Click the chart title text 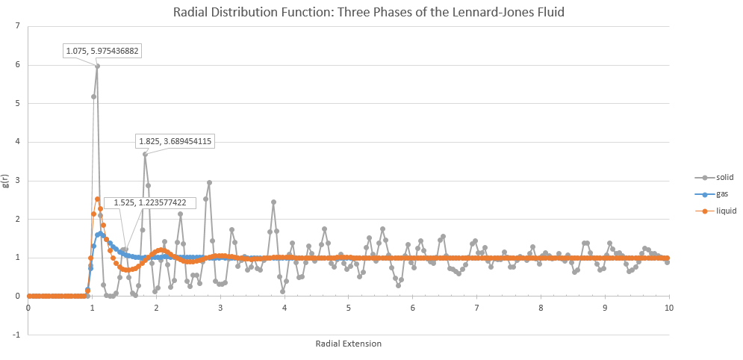(x=371, y=12)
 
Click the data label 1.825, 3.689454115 (x=175, y=140)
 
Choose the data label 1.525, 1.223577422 (x=150, y=202)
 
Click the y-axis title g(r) (x=6, y=181)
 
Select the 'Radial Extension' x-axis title (x=349, y=344)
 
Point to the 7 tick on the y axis (x=19, y=27)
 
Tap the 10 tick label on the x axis (x=668, y=307)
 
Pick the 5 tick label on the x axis (x=349, y=307)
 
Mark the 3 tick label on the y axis (x=19, y=181)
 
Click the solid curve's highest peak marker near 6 (x=97, y=66)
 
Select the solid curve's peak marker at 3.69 (x=145, y=154)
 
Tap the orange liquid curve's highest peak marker (x=97, y=199)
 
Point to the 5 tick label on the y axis (x=19, y=104)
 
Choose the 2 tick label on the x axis (x=156, y=307)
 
